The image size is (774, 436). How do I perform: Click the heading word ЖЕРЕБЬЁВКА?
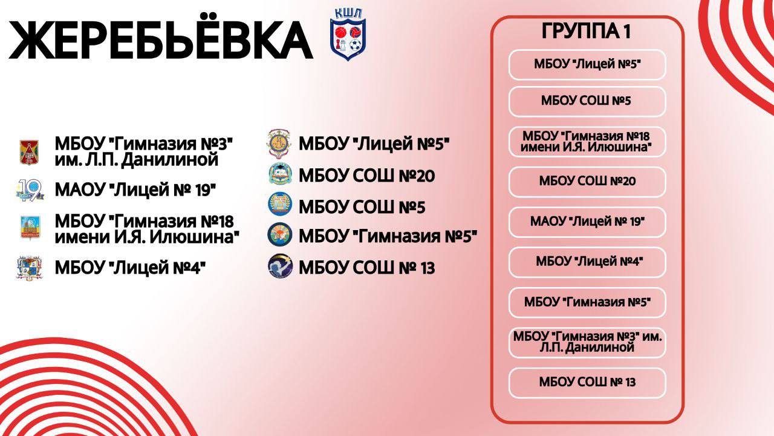click(160, 42)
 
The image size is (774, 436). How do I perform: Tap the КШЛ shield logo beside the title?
click(348, 35)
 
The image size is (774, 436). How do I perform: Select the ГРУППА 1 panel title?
click(586, 32)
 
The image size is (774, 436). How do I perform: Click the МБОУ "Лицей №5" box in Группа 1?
click(587, 65)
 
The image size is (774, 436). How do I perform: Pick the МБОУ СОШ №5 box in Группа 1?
click(587, 101)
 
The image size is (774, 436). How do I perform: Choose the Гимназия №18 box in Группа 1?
click(587, 141)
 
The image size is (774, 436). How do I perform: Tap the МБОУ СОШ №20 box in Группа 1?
click(587, 181)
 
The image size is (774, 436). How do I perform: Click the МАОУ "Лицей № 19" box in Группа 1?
click(587, 222)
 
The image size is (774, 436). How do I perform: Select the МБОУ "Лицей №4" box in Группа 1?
click(587, 262)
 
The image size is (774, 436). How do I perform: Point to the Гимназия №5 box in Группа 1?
click(587, 302)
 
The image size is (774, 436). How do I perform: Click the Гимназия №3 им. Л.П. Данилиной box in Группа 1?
click(587, 342)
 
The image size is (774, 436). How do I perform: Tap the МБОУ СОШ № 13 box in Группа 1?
click(587, 382)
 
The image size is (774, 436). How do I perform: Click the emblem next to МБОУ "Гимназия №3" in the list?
click(28, 151)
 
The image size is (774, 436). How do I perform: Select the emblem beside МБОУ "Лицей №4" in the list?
click(28, 267)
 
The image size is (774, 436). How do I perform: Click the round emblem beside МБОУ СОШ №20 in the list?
click(280, 175)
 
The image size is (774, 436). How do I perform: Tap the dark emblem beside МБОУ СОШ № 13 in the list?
click(280, 266)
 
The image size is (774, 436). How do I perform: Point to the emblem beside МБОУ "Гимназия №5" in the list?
click(280, 235)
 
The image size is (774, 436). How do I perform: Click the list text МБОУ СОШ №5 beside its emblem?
click(362, 208)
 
